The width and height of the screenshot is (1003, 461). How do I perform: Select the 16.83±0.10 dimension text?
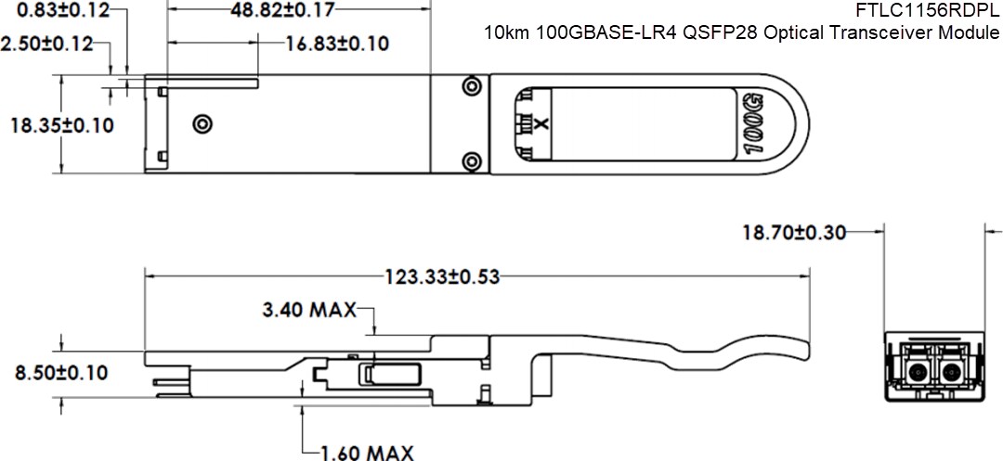[337, 44]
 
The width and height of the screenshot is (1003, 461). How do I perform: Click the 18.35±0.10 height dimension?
[61, 125]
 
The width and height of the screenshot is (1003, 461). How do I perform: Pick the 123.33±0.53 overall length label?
[442, 276]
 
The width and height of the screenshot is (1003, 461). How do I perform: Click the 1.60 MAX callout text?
[367, 453]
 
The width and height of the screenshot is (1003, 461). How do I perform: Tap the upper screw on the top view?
[472, 86]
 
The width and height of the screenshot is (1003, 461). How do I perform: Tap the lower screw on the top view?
[472, 160]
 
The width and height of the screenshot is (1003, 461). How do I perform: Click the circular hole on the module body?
[201, 123]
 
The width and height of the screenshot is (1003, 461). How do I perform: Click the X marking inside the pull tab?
[544, 123]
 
